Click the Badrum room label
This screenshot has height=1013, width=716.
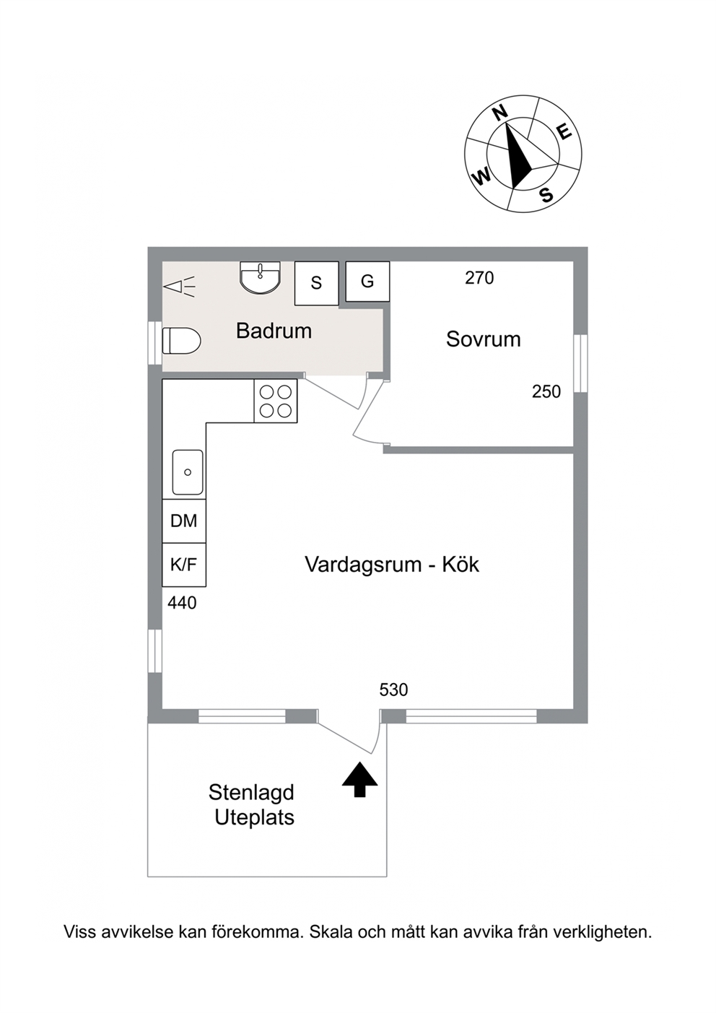click(274, 331)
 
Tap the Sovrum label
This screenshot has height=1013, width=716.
click(483, 339)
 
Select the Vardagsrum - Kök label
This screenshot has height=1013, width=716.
click(392, 565)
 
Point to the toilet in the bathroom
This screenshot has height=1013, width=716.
click(181, 341)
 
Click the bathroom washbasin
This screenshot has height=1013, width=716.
click(261, 277)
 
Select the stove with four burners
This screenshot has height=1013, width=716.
click(275, 401)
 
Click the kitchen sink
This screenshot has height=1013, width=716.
click(188, 472)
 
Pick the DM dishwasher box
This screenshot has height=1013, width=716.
click(184, 521)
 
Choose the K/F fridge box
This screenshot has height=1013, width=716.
click(184, 565)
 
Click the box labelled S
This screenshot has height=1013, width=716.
click(316, 283)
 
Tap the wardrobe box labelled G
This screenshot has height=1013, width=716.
click(367, 282)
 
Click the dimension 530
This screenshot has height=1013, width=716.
click(393, 690)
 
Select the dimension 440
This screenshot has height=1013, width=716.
click(182, 603)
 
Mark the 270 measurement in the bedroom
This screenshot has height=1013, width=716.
click(479, 278)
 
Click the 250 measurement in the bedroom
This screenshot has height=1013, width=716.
click(546, 391)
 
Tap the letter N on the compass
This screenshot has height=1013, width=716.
click(499, 113)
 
